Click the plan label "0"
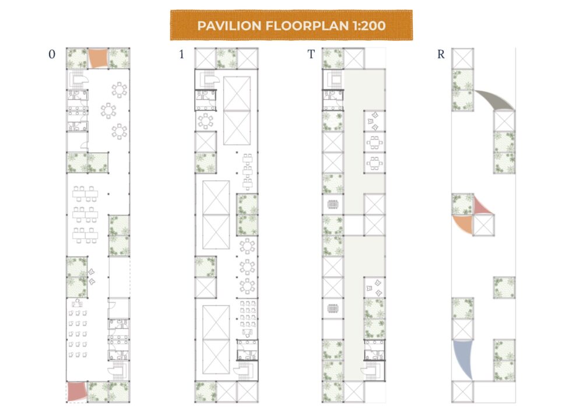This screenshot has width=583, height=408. point(52,54)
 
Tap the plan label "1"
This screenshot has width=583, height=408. point(181,54)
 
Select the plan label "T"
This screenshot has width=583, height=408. point(311,54)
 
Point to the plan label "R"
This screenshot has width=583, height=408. point(441,54)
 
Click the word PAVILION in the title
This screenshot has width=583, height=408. point(229,26)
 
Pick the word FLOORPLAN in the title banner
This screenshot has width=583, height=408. point(307,26)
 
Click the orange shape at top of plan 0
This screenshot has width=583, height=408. point(98,58)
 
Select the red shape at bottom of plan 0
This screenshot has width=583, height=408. point(77,392)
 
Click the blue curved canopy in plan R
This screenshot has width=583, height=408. point(463,358)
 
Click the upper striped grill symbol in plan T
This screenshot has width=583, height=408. point(333,204)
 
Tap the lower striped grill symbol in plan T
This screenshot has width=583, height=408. point(333,308)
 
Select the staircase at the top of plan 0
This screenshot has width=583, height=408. point(78,79)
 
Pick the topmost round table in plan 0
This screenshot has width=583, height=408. point(120,90)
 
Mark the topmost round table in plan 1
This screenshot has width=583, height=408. point(206,121)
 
